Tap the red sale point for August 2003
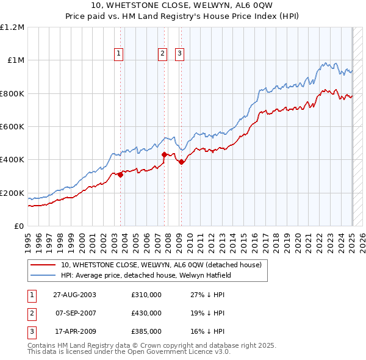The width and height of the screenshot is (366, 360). pos(120,175)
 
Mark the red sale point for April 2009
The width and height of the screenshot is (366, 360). pos(182,162)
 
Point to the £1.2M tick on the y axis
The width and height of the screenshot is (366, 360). pos(12,27)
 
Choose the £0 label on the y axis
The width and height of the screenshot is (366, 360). pos(18,226)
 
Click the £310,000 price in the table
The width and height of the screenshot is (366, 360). pos(146,295)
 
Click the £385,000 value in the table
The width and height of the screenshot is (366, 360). pos(146,331)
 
